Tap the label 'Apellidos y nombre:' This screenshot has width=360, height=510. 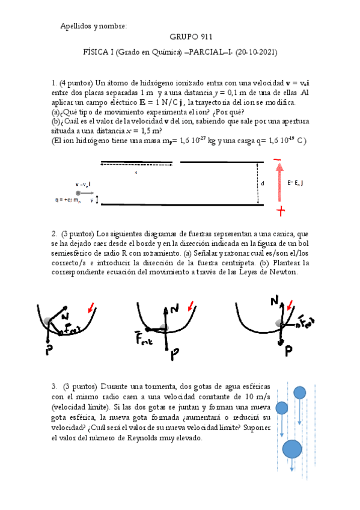(94, 26)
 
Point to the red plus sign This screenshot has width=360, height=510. (280, 210)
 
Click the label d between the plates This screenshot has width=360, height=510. (262, 183)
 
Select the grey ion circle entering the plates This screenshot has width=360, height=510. (79, 192)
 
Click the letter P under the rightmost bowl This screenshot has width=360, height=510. (288, 349)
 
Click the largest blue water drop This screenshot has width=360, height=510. (292, 449)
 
